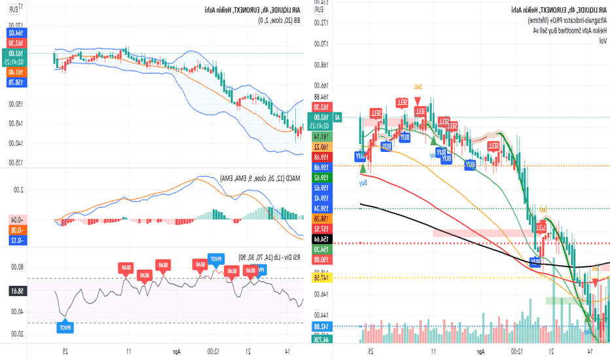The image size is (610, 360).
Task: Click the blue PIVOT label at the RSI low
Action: pyautogui.click(x=65, y=327)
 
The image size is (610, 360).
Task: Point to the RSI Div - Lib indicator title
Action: pyautogui.click(x=262, y=257)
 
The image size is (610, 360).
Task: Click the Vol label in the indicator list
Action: pyautogui.click(x=602, y=41)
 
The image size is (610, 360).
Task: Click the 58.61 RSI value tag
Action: pyautogui.click(x=13, y=290)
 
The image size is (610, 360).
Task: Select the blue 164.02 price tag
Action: pyautogui.click(x=13, y=31)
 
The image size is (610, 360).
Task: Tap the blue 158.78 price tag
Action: pyautogui.click(x=13, y=82)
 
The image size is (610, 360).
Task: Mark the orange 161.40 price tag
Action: pyautogui.click(x=13, y=72)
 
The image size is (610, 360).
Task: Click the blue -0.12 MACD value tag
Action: pyautogui.click(x=13, y=240)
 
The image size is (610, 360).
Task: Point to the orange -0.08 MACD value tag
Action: pyautogui.click(x=13, y=230)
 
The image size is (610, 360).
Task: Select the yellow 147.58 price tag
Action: pyautogui.click(x=321, y=278)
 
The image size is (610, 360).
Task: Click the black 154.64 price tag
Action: pyautogui.click(x=321, y=239)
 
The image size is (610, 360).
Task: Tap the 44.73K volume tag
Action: pyautogui.click(x=321, y=338)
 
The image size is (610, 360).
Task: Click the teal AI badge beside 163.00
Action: pyautogui.click(x=338, y=117)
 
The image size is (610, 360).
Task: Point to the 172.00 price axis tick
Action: pyautogui.click(x=319, y=22)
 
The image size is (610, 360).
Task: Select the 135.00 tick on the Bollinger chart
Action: pyautogui.click(x=13, y=163)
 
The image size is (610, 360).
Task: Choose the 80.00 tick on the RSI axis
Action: pyautogui.click(x=13, y=266)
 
